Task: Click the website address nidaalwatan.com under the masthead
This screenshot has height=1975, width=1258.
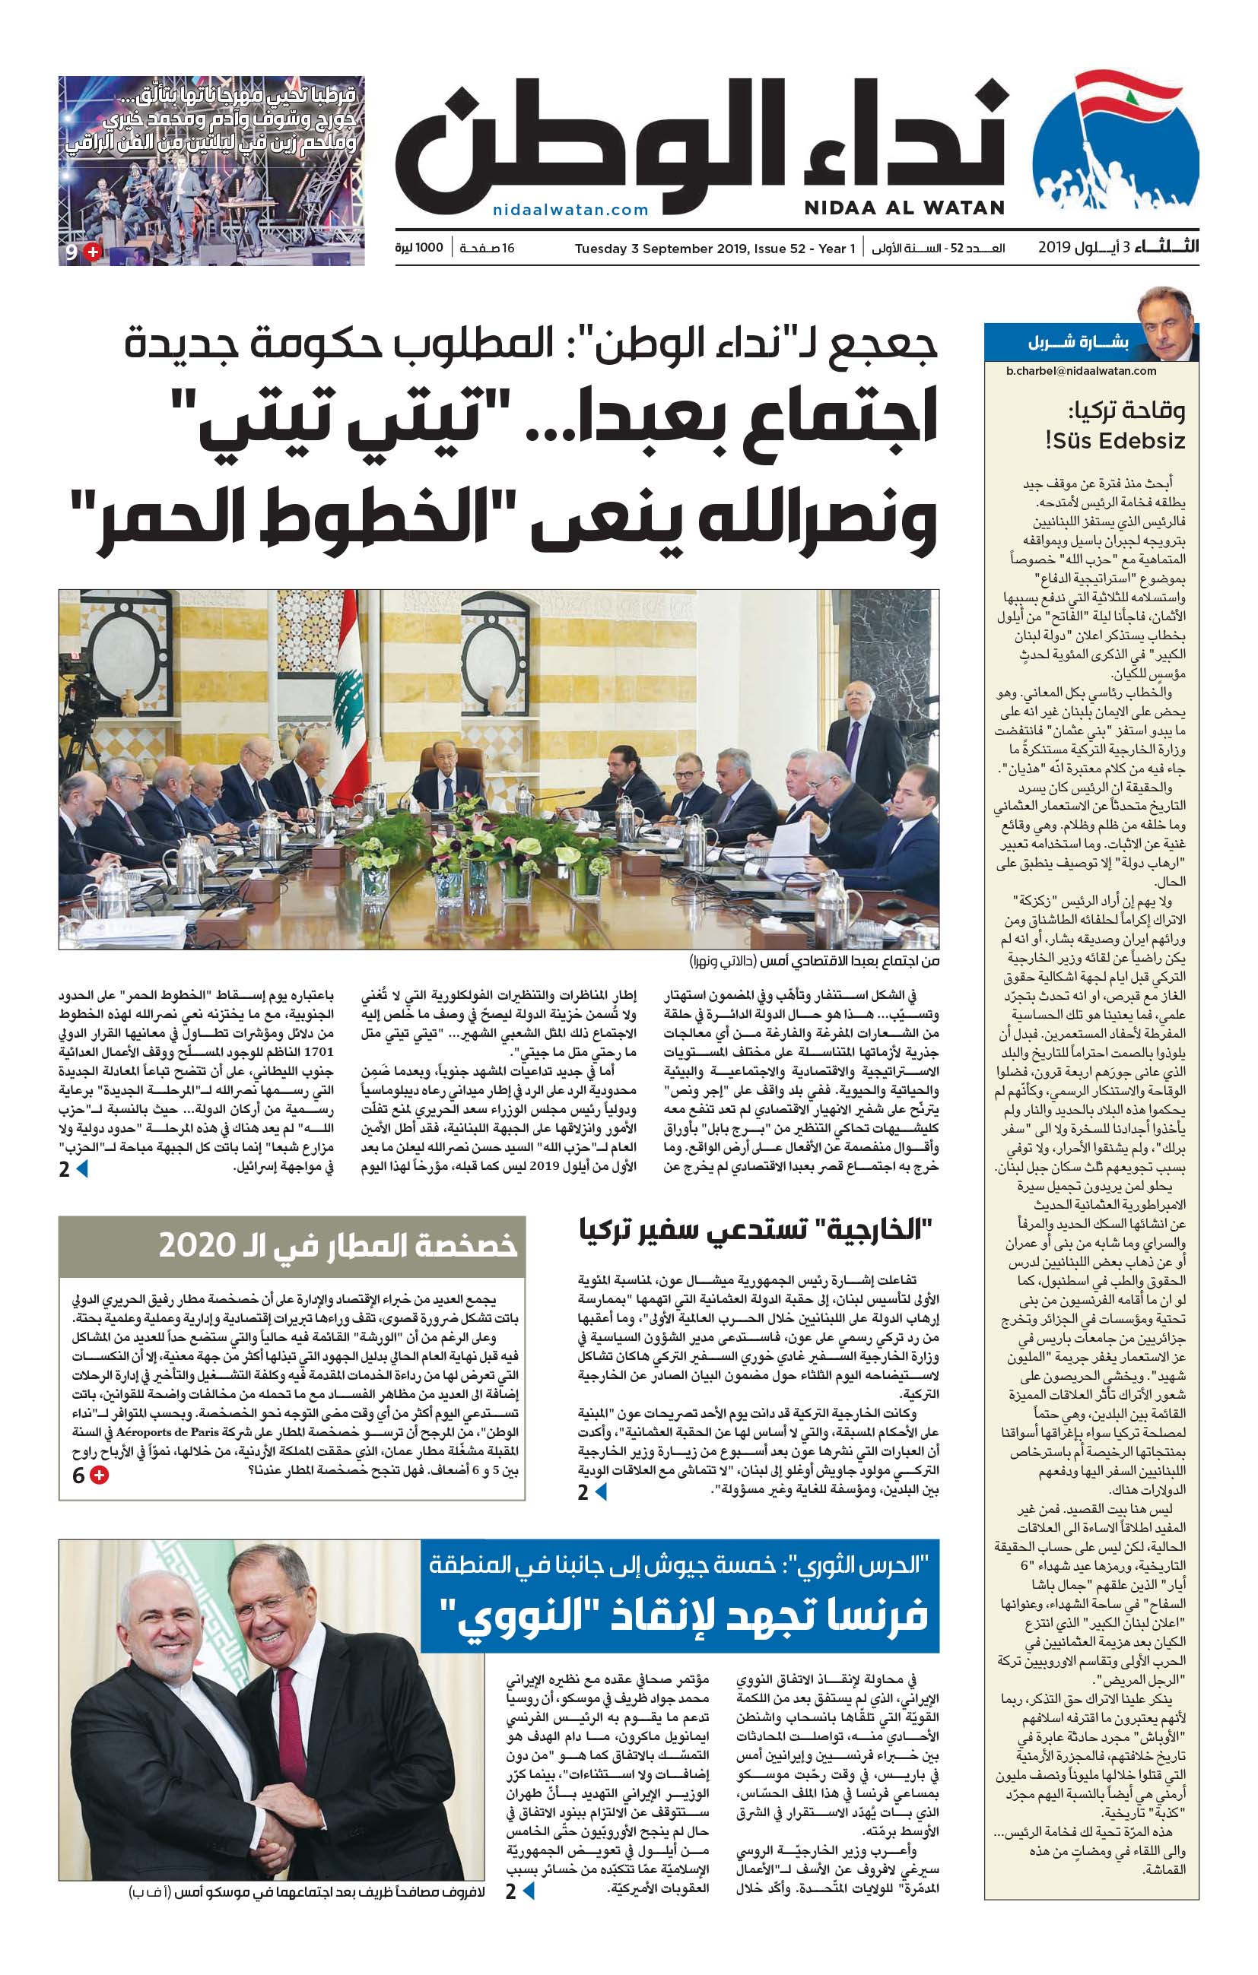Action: pyautogui.click(x=570, y=210)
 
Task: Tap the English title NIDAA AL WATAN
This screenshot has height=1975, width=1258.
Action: pyautogui.click(x=904, y=208)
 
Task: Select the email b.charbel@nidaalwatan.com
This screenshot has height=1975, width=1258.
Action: pyautogui.click(x=1081, y=371)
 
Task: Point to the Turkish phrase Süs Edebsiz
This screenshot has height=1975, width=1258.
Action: pyautogui.click(x=1114, y=441)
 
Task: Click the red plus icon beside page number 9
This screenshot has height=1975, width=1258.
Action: pyautogui.click(x=93, y=252)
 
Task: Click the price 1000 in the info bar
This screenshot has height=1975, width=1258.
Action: pyautogui.click(x=429, y=248)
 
